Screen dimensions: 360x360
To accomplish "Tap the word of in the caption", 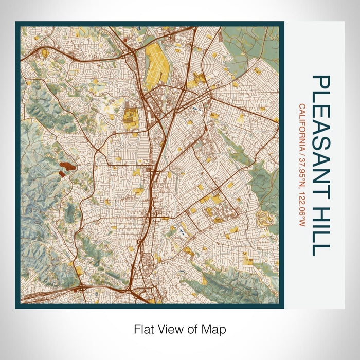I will click(193, 328).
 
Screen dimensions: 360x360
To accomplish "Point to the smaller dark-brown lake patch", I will click(62, 174).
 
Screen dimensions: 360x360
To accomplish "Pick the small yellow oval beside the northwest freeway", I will click(45, 52).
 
